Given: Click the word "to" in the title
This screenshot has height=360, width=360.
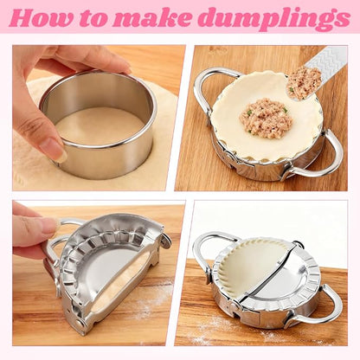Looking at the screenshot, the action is point(93,19).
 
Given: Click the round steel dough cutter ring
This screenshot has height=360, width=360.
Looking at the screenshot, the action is point(98,156).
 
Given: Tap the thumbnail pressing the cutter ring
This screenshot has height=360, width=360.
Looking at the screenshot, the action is point(54,150).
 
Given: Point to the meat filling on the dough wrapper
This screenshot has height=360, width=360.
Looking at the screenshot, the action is point(267,118).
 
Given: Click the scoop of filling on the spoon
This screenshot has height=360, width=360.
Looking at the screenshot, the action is point(304,82).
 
